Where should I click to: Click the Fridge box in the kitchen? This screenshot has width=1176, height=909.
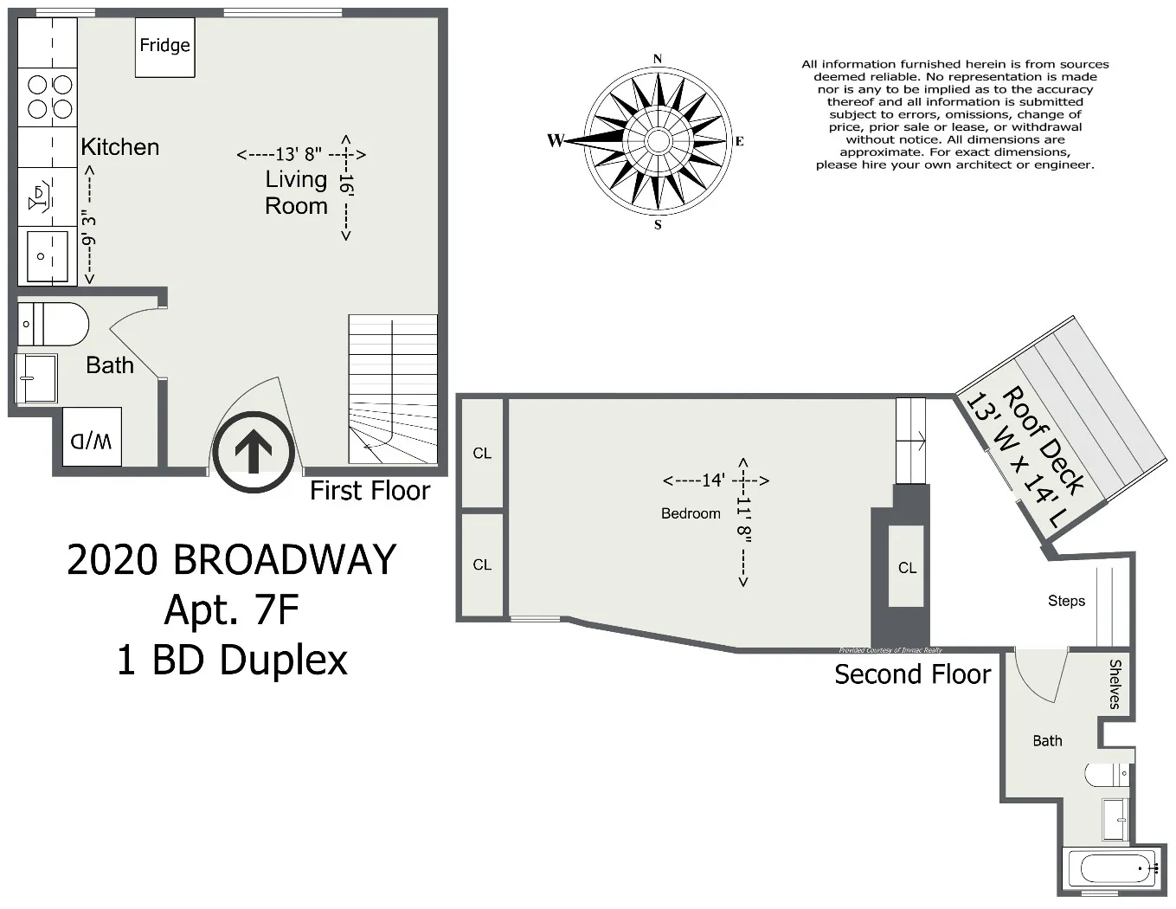tap(164, 46)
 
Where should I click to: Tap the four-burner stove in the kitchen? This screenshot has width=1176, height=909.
tap(49, 96)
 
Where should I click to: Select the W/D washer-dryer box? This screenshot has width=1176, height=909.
tap(92, 441)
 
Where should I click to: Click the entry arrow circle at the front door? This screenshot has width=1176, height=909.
tap(254, 452)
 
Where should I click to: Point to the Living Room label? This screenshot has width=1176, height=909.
tap(296, 192)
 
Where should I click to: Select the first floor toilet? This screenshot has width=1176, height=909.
tap(54, 325)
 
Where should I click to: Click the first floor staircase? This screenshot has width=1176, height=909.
tap(392, 390)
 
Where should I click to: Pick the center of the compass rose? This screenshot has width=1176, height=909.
tap(658, 140)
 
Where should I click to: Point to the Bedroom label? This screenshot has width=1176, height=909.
tap(691, 513)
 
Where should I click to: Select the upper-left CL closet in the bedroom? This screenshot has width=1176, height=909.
tap(482, 453)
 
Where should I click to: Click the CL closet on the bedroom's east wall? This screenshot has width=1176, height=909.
tap(907, 568)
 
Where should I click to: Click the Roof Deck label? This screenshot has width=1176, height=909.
tap(1043, 441)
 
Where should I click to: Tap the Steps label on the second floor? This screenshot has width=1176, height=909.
tap(1066, 601)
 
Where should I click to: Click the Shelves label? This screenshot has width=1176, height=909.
tap(1115, 684)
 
